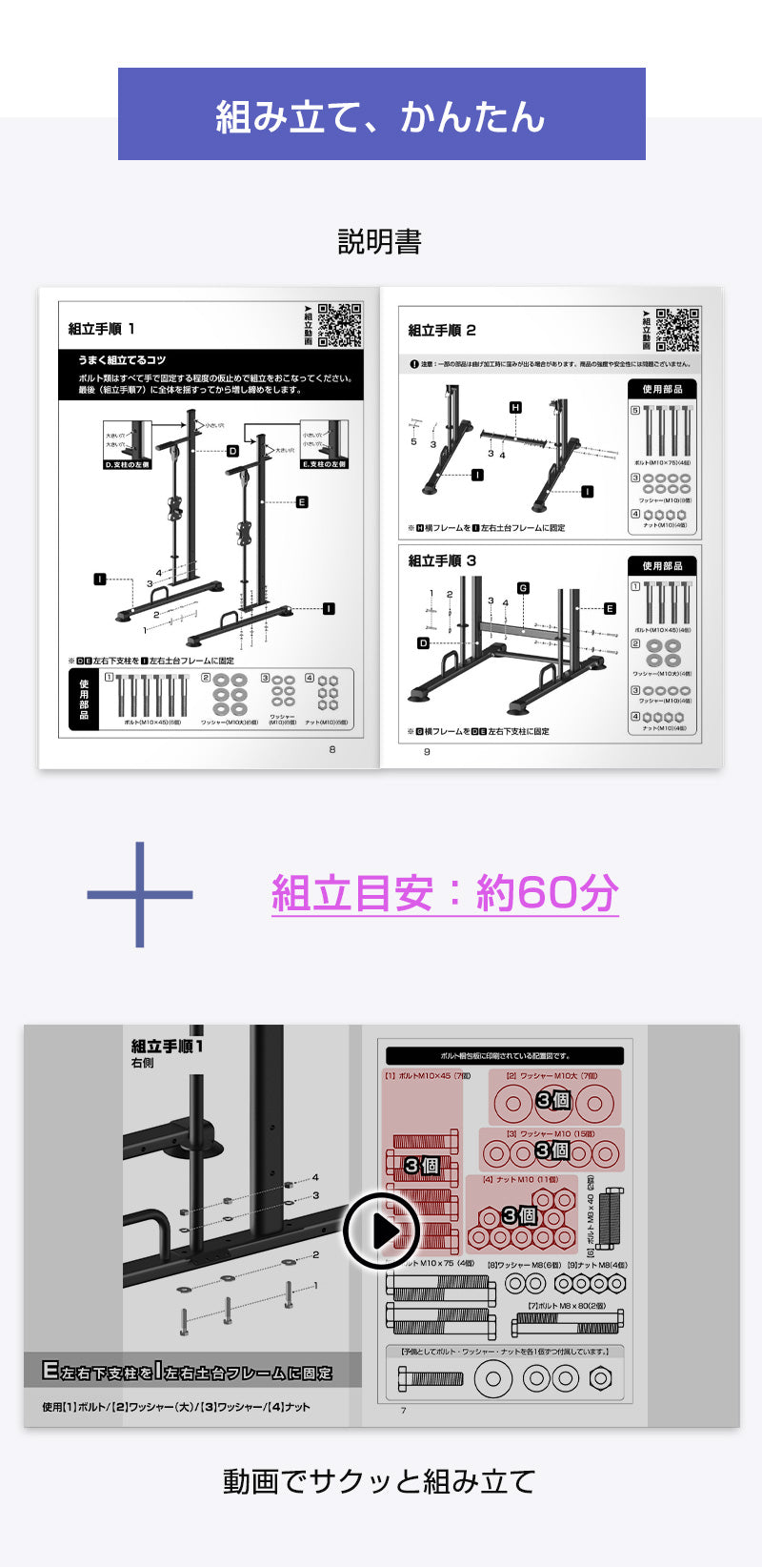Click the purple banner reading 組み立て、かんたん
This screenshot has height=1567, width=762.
tap(381, 114)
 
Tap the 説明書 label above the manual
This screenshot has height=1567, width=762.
tap(379, 242)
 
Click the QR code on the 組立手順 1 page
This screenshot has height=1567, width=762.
tap(339, 325)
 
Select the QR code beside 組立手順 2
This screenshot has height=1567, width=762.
tap(678, 330)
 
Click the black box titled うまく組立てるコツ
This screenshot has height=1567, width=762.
tap(211, 374)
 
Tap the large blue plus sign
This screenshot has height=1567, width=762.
tap(140, 894)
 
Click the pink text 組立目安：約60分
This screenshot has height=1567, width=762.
tap(445, 894)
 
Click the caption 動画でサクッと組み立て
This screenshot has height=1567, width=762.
tap(379, 1481)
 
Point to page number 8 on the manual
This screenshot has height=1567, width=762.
tap(332, 749)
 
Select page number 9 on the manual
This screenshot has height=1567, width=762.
tap(427, 751)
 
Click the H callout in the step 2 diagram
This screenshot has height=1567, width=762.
tap(515, 408)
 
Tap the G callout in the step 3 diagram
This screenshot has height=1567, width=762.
tap(522, 588)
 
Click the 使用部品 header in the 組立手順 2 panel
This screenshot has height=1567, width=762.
tap(662, 389)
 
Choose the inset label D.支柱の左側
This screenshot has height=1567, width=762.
tap(128, 464)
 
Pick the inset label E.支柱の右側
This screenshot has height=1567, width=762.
tap(324, 464)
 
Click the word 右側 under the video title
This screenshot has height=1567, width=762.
tap(143, 1064)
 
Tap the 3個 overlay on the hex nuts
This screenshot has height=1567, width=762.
tap(520, 1215)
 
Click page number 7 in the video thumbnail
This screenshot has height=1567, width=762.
tap(403, 1411)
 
